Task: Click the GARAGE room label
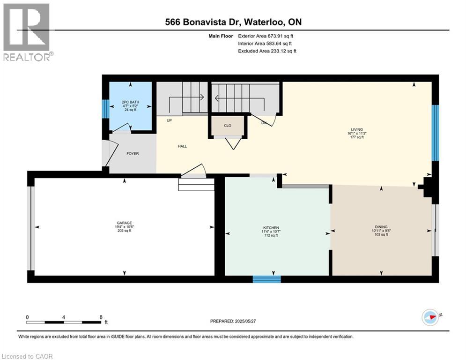coord(124,223)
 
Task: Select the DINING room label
coord(381,226)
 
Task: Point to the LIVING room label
coord(358,129)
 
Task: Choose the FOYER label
coord(132,153)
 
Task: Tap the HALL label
coord(182,146)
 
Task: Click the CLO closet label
coord(228,126)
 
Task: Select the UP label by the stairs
coord(170,120)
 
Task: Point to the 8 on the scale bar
coord(101,317)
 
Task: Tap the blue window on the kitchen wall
coord(266,279)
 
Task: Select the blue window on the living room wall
coord(435,133)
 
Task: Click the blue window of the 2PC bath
coord(105,108)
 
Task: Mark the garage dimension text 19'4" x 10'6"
coord(124,227)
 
